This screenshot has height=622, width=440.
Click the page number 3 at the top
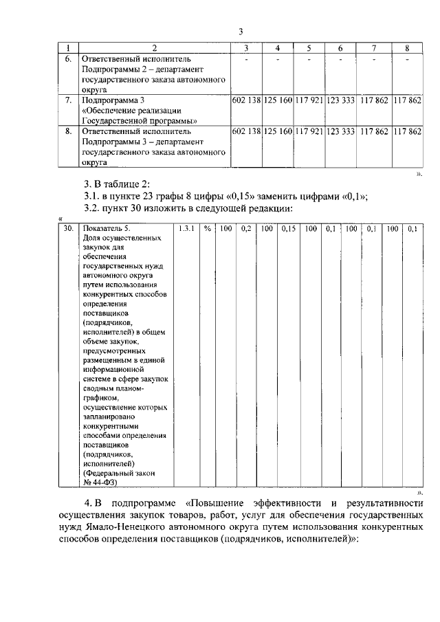click(x=241, y=32)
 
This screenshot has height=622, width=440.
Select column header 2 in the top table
click(x=154, y=48)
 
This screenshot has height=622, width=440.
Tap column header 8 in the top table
click(x=407, y=48)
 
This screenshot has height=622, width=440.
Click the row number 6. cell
click(x=67, y=60)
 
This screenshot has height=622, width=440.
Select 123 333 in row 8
click(x=340, y=131)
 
